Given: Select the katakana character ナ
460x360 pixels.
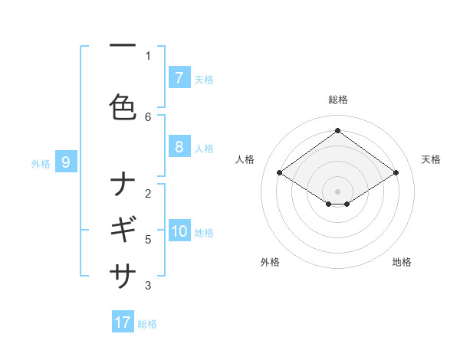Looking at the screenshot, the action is pos(123,185).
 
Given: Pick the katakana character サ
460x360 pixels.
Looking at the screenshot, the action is pos(123,273).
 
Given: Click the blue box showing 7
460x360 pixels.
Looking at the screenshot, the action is pos(179,78).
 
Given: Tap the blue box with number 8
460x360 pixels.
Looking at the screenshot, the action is pos(179,147).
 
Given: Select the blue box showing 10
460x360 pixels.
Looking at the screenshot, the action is pos(179,232).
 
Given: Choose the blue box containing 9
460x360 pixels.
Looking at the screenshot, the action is pos(66,162).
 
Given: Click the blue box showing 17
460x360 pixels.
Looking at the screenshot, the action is pos(123,322).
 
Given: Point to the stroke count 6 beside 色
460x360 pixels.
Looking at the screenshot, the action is pos(148,116).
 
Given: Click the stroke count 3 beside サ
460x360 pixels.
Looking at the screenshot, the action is pos(148,286).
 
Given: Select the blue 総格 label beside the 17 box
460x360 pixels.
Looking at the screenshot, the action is pos(148,324).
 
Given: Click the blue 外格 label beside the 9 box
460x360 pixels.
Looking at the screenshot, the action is pos(41,163).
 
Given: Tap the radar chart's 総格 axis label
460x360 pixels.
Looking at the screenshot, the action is pos(337,100).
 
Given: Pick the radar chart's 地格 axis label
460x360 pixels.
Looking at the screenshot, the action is pos(402,262).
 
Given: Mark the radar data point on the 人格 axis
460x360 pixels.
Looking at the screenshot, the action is pos(280,173).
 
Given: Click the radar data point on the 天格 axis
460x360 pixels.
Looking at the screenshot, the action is pos(396,173).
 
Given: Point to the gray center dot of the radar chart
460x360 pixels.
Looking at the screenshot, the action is pos(337,191).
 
